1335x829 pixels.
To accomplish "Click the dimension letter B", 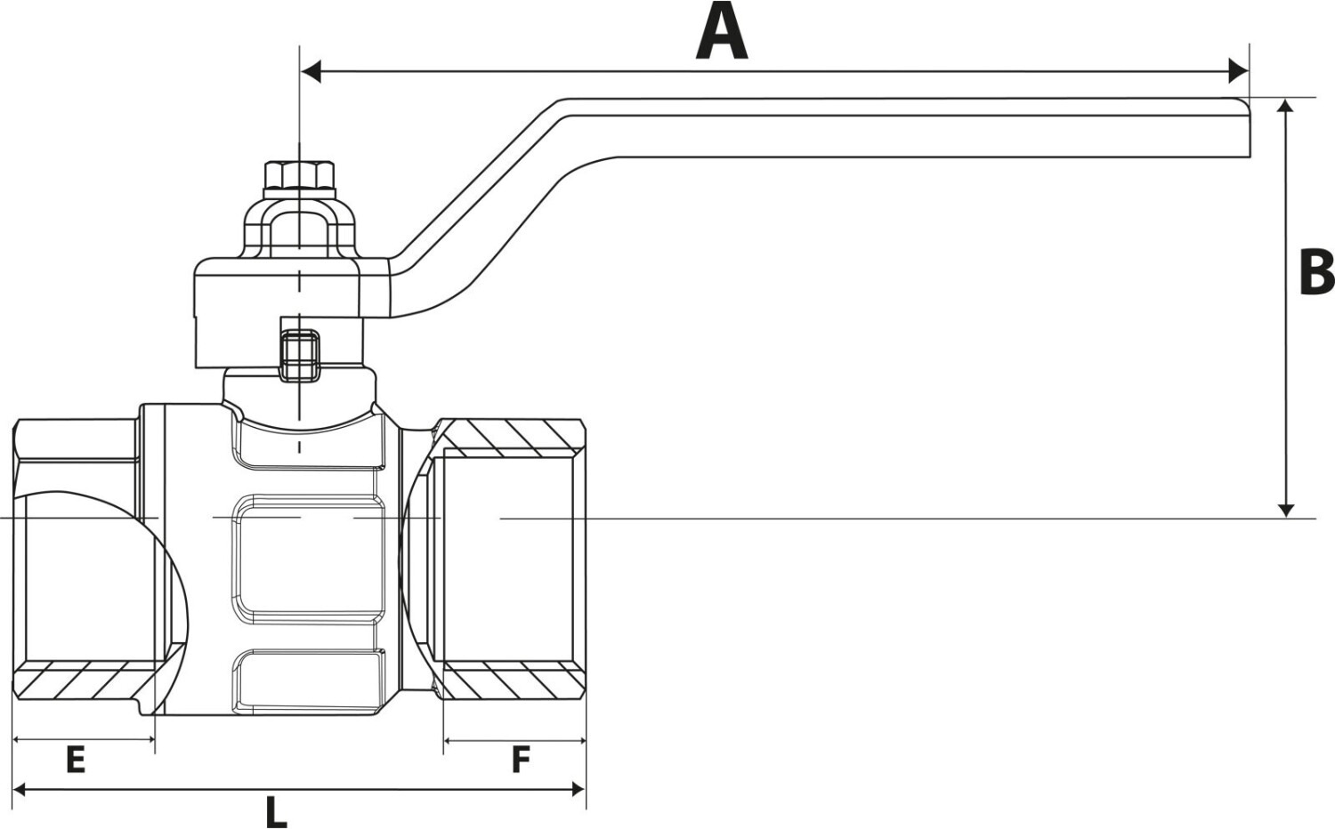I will point(1315,272).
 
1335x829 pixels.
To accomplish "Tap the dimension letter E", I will point(76,761).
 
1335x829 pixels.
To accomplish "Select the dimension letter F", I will point(521,761).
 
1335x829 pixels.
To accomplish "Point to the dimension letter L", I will point(276,811).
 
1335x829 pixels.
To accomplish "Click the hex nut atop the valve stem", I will point(299,175).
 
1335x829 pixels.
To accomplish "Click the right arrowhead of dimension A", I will point(1238,70).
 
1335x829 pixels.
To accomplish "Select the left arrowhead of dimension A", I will point(311,70).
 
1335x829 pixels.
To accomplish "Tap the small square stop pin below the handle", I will point(299,355).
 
